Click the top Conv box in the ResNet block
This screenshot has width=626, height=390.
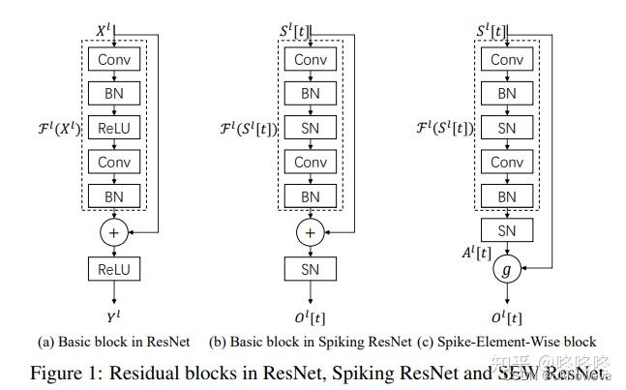[115, 60]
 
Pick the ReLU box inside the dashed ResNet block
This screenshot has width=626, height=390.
[115, 128]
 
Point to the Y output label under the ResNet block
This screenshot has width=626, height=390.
[115, 315]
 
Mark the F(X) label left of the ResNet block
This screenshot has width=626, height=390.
[58, 127]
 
